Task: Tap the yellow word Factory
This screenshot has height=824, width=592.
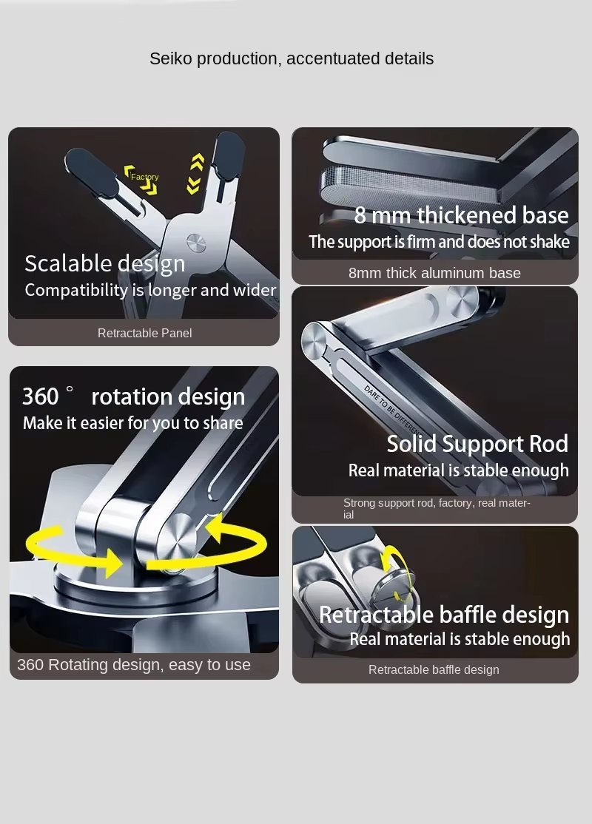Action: coord(144,177)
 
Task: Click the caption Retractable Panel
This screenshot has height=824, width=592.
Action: coord(144,333)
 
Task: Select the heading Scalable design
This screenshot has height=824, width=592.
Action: coord(104,264)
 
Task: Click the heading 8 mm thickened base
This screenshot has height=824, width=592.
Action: coord(461,215)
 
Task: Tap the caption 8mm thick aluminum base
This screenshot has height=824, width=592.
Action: coord(434,273)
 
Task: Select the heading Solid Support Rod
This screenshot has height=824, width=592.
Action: coord(477,444)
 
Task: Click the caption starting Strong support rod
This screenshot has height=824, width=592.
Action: coord(437,508)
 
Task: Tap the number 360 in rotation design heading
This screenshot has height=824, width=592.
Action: coord(40,396)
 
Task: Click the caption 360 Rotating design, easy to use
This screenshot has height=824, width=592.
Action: coord(133,665)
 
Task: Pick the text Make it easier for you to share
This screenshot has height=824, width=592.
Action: coord(133,423)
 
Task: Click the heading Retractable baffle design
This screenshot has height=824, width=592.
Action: coord(444,615)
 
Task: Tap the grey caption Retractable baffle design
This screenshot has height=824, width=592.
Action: coord(434,670)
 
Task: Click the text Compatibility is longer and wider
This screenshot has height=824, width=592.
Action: coord(150,290)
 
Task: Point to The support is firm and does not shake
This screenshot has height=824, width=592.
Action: coord(439,242)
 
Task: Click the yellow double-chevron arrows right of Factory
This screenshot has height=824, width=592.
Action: coord(195,173)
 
